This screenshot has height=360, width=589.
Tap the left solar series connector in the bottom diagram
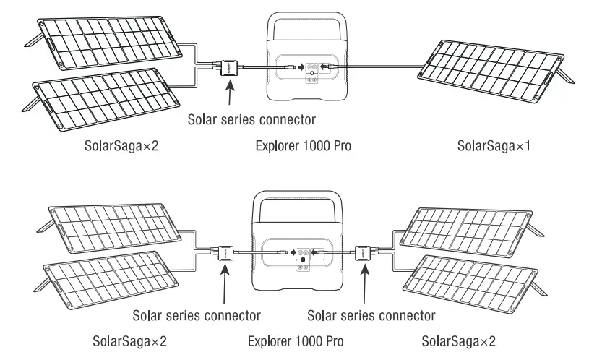tap(224, 253)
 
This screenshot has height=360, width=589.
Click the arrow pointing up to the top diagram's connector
tap(231, 93)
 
